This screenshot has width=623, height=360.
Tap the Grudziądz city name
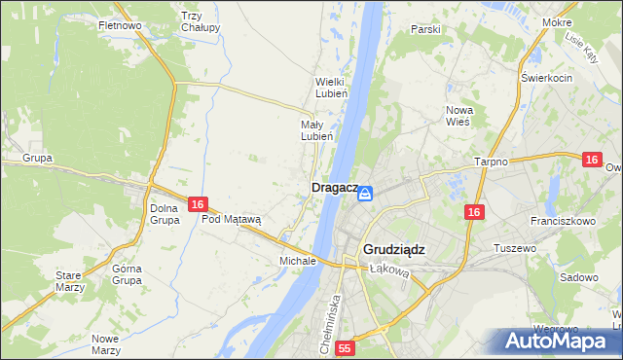pos(394,249)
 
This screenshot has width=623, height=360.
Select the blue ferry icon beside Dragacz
pos(365,195)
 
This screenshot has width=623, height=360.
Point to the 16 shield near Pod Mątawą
pos(197,204)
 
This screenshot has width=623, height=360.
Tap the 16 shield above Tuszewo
pos(474,212)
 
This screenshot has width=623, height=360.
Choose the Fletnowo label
pos(121,24)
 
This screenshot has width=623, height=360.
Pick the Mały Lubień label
pos(317,130)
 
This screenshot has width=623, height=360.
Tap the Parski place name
pos(425,29)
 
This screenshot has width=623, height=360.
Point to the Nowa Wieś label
pos(458,116)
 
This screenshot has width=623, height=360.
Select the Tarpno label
pos(492,162)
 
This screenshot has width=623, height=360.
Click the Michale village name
pos(297,261)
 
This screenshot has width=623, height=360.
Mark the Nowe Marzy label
pos(104,344)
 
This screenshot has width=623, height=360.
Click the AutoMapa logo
pos(558,341)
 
